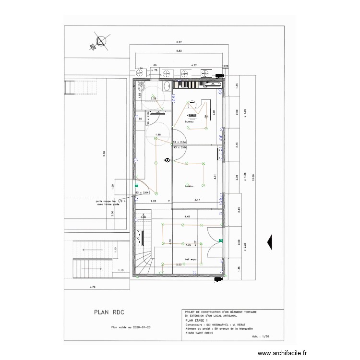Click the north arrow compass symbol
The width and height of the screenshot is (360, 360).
pos(100,41)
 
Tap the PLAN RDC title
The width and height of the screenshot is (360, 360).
pos(110,312)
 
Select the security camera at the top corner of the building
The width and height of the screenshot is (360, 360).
pos(220,75)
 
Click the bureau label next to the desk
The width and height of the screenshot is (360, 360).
pos(189,122)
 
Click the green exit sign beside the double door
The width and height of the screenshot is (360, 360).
pos(220,241)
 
